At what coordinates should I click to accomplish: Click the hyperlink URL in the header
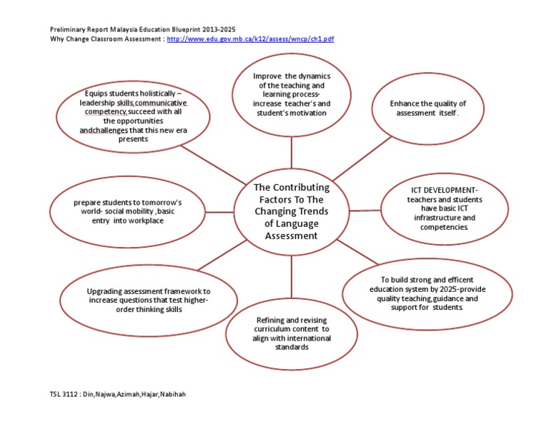[x=249, y=39]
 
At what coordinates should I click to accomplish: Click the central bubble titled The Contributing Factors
[x=291, y=211]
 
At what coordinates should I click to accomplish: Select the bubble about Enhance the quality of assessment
[x=427, y=108]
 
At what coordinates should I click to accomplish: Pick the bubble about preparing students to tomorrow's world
[x=128, y=211]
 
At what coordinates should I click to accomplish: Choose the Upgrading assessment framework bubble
[x=149, y=301]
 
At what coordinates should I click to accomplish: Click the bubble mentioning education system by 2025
[x=427, y=293]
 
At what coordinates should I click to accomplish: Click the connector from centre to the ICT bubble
[x=365, y=211]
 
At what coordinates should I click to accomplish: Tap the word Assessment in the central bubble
[x=291, y=236]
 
